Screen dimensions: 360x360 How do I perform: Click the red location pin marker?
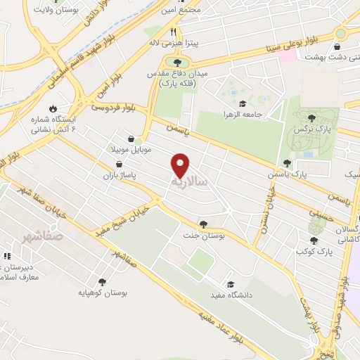pos(181,165)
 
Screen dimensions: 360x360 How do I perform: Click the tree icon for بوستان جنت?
pos(203,224)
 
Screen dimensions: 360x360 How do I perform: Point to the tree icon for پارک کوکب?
pos(313,240)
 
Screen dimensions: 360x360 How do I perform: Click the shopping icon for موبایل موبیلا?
pos(131,139)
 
